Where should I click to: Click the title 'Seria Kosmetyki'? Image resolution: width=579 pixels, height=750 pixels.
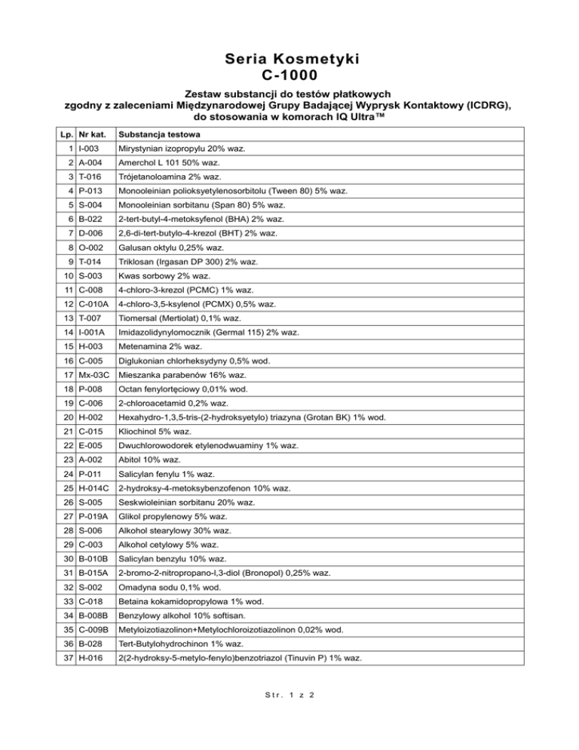[289, 58]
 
